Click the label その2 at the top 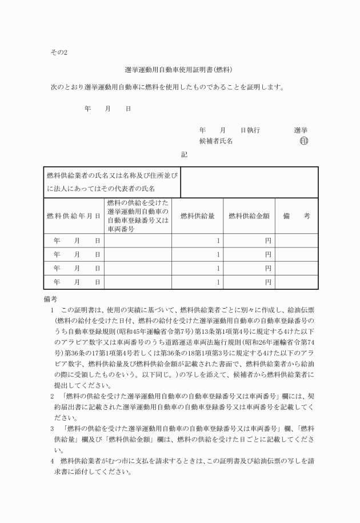coord(59,53)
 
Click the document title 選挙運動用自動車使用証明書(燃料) coord(178,71)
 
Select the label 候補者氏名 coord(215,141)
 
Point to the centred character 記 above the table coord(184,154)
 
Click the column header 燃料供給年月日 coord(74,216)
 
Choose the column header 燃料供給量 coord(197,216)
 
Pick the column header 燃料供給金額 coord(249,216)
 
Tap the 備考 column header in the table coord(297,216)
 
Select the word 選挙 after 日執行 coord(301,130)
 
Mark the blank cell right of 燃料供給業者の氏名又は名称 coord(249,182)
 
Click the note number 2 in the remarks coord(52,395)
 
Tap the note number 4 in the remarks coord(52,461)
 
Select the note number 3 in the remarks coord(52,428)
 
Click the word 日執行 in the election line coord(250,130)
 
